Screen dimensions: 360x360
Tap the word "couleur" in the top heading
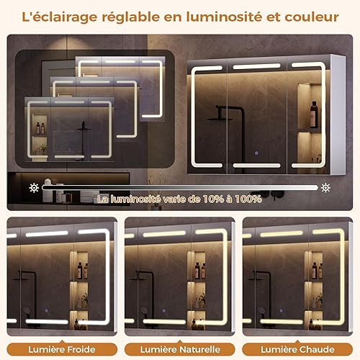[x=312, y=17]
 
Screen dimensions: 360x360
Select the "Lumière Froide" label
[x=62, y=349]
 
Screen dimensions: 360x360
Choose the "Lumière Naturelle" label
[x=180, y=349]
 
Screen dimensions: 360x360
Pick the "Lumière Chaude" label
[x=297, y=349]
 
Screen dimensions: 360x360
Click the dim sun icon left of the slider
[x=34, y=188]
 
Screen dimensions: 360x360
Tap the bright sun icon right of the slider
[x=325, y=188]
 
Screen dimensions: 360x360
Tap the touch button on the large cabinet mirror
[x=256, y=153]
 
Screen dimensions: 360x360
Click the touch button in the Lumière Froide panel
[x=46, y=310]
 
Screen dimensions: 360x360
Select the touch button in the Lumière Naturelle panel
[x=163, y=310]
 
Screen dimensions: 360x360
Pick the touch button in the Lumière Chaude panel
[x=281, y=310]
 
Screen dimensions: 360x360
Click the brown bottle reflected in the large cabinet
[x=313, y=114]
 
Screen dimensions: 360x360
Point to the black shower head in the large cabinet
[x=220, y=120]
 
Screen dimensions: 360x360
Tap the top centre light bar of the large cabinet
[x=256, y=66]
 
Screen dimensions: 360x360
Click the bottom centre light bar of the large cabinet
[x=256, y=166]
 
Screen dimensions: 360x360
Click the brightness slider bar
[x=180, y=188]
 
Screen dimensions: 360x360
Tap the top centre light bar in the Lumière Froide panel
[x=47, y=234]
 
